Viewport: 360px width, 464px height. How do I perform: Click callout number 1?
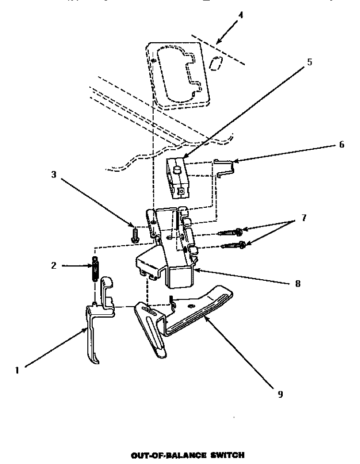coord(17,370)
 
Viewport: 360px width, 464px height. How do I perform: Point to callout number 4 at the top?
coord(240,15)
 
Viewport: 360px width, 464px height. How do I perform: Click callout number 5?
coord(309,62)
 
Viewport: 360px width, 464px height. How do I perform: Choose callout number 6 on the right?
coord(341,144)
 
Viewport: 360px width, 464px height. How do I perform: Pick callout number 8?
coord(297,283)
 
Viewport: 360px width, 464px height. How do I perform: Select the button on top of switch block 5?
coord(177,168)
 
